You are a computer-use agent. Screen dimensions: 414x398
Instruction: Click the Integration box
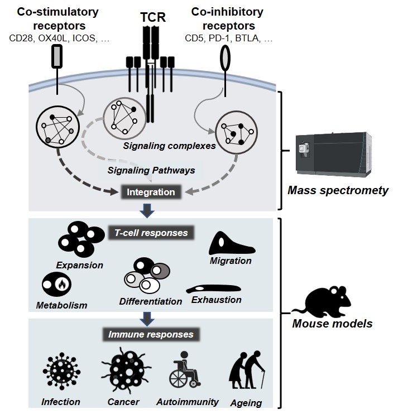tap(151, 192)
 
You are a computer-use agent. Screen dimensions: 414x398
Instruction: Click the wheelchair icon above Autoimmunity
tap(184, 371)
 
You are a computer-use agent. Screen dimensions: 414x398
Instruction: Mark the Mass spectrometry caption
tap(338, 190)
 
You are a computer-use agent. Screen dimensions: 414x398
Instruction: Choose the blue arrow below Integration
tap(148, 210)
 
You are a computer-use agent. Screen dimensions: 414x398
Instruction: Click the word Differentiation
tap(151, 301)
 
